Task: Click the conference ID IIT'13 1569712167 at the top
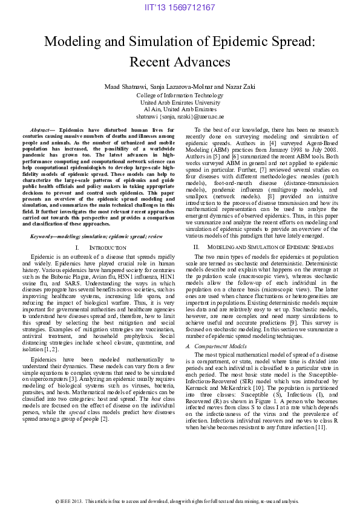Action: (x=180, y=7)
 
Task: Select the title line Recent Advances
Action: (x=180, y=62)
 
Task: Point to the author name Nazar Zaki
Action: (x=239, y=87)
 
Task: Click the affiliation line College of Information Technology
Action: (x=180, y=96)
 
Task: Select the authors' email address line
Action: (x=180, y=116)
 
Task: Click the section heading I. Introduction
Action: (x=100, y=248)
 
